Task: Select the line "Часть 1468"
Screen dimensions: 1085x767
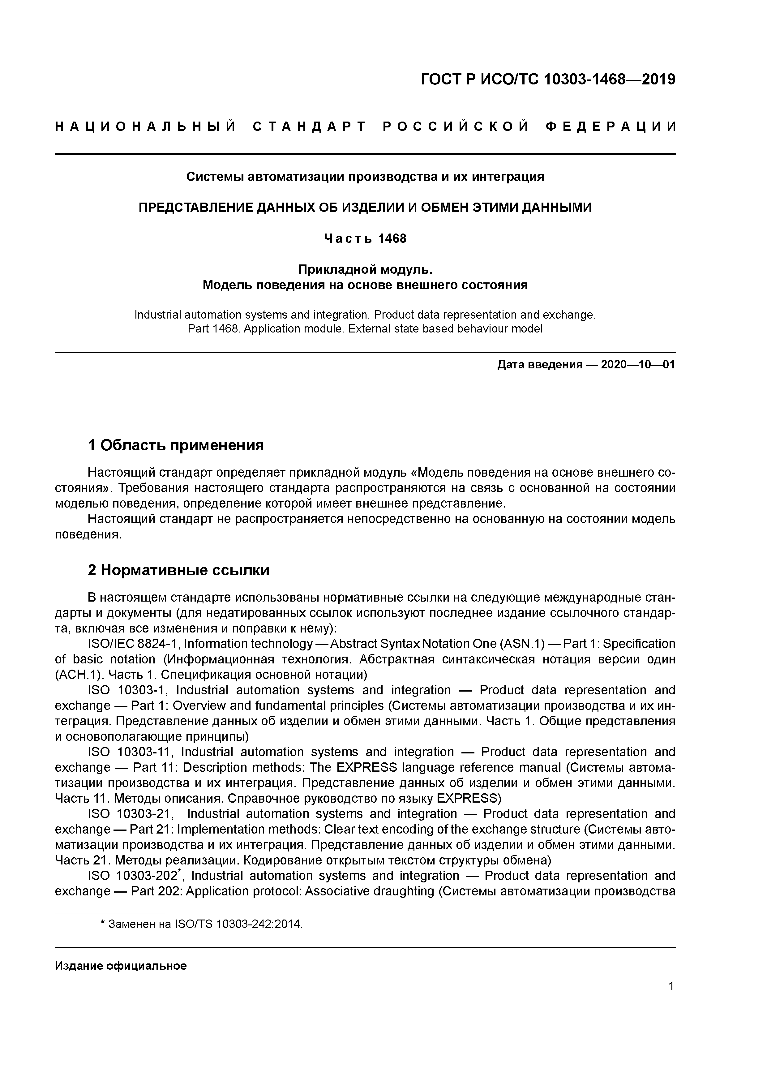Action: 365,239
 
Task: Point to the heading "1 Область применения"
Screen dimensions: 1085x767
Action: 175,445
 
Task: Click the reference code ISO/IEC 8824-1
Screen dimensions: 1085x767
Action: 134,644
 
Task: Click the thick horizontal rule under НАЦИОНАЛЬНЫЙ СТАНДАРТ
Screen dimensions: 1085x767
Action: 365,154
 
